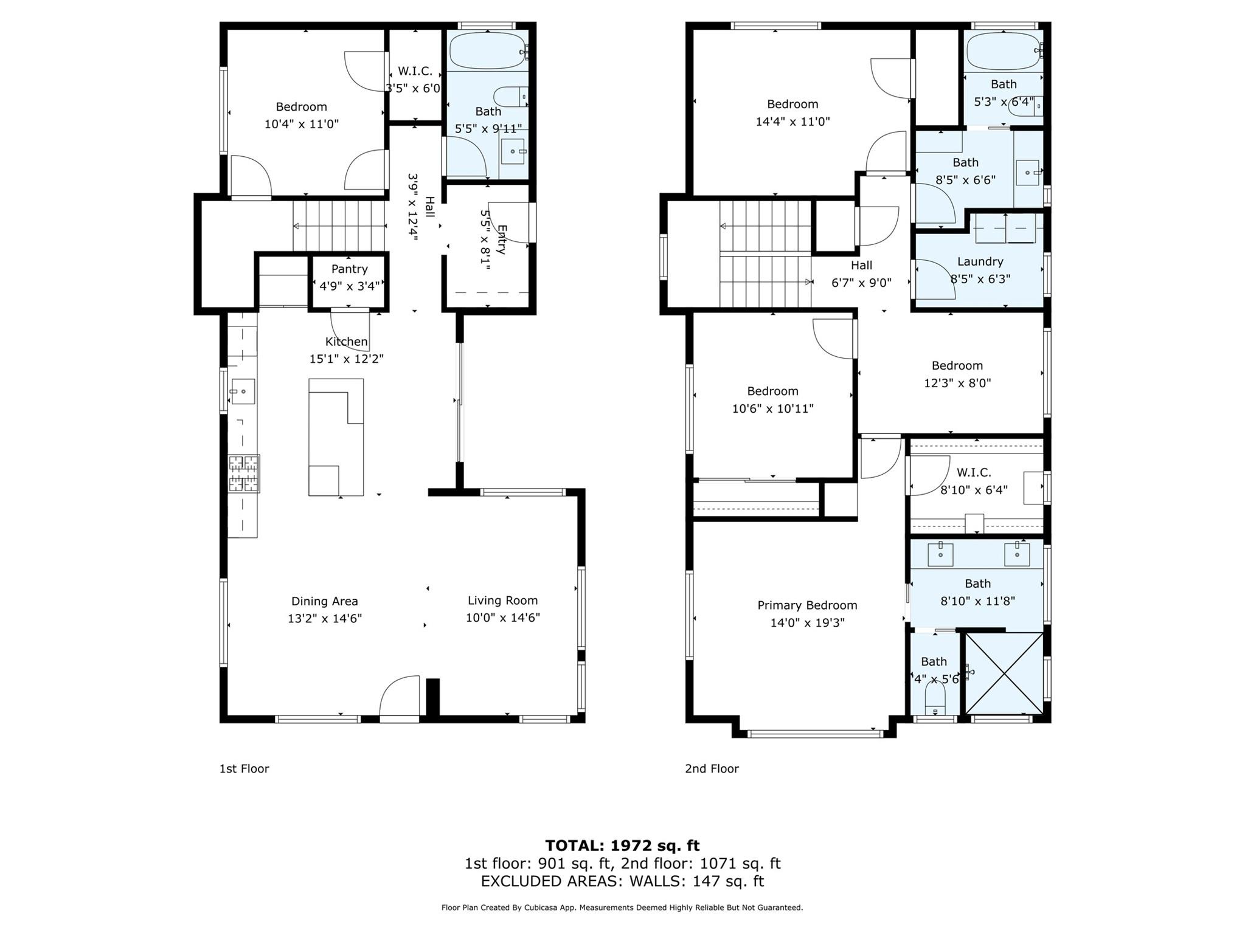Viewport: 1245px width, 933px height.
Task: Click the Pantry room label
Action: coord(349,269)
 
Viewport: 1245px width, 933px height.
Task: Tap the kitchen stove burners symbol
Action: coord(244,473)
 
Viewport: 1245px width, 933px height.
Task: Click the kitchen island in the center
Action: coord(336,437)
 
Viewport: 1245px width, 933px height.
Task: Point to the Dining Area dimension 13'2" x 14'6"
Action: coord(324,619)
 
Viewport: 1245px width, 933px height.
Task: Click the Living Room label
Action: coord(502,601)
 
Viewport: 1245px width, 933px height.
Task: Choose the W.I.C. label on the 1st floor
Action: coord(415,71)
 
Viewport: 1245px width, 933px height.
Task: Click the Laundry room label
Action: coord(980,261)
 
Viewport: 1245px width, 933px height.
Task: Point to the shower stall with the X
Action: coord(1004,673)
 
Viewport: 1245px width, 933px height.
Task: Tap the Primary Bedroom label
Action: coord(807,605)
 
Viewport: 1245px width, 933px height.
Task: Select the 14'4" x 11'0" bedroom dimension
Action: coord(792,122)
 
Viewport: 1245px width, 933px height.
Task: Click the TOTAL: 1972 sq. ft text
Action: coord(622,845)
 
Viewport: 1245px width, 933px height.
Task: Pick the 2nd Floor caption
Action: coord(712,768)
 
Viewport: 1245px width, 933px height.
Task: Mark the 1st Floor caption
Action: coord(244,768)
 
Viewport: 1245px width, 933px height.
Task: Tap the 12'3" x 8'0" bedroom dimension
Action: coord(957,383)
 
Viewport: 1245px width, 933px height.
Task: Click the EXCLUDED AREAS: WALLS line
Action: coord(622,881)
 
